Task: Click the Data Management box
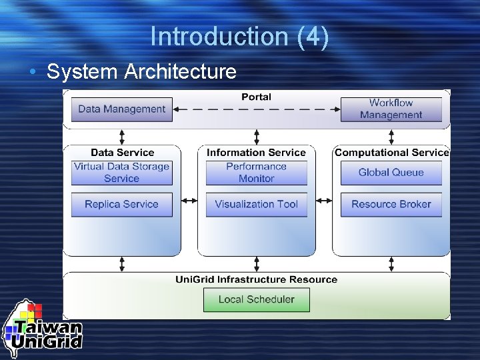(121, 109)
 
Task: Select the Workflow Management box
(391, 109)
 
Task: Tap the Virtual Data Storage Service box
(121, 173)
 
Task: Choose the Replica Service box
(121, 205)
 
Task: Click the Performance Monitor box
(256, 173)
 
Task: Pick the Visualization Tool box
(256, 205)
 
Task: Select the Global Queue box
(391, 173)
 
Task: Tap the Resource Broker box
(391, 205)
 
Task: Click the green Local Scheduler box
(256, 299)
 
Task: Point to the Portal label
(256, 97)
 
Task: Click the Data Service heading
(122, 153)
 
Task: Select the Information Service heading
(256, 153)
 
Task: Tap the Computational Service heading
(391, 153)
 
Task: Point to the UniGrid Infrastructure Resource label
(256, 279)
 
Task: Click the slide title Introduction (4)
(239, 37)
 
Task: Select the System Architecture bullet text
(141, 71)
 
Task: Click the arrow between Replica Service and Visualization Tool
(189, 200)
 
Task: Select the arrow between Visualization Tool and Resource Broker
(324, 200)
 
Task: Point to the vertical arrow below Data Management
(122, 137)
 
